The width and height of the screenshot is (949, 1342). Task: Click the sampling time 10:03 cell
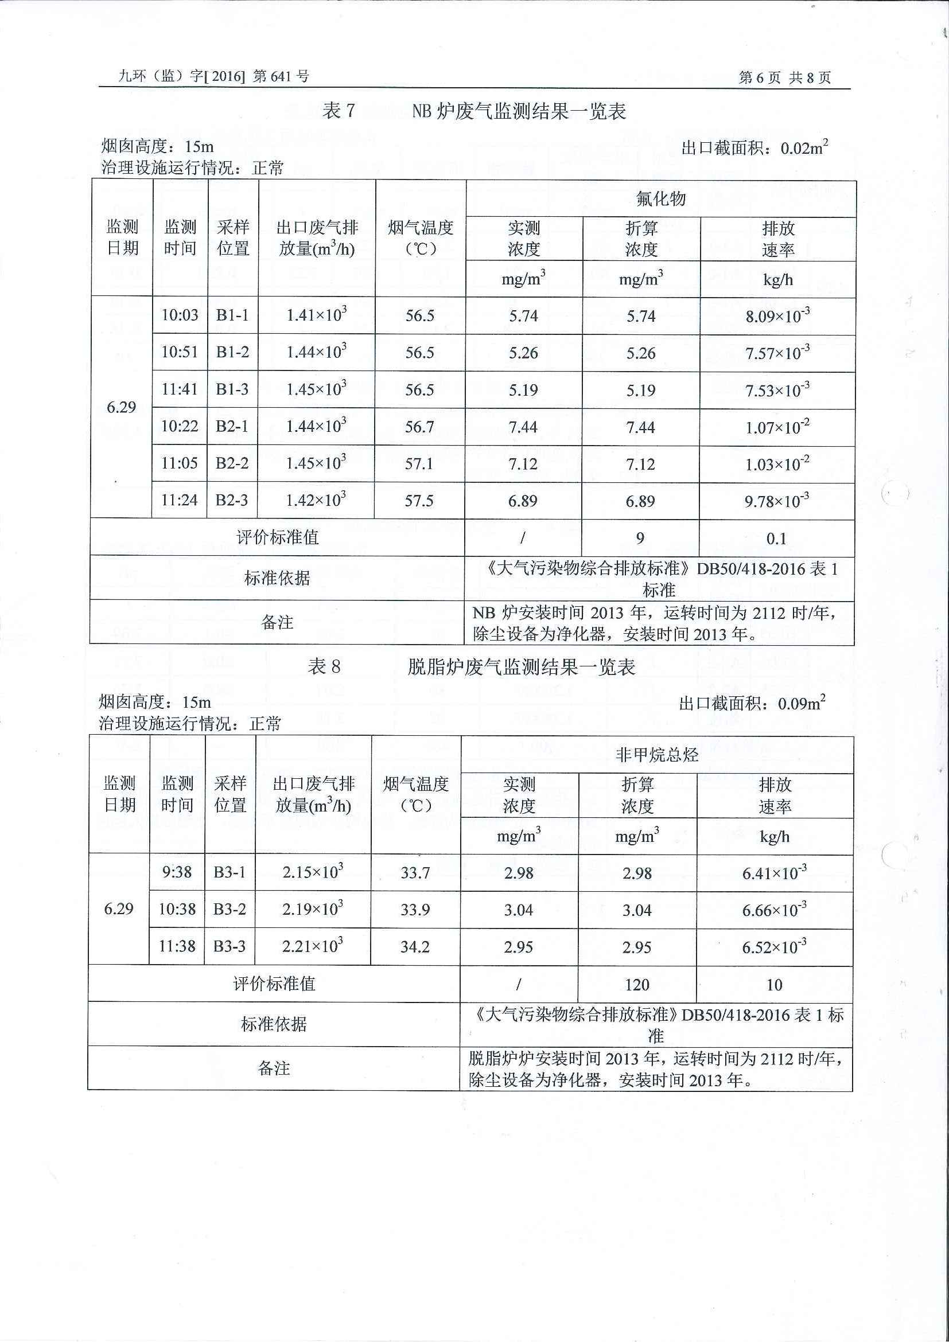pyautogui.click(x=180, y=315)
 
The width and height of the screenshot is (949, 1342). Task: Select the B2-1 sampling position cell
pyautogui.click(x=232, y=427)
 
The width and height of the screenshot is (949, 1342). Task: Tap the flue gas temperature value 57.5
pyautogui.click(x=419, y=501)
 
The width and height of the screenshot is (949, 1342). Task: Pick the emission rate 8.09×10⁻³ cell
pyautogui.click(x=777, y=317)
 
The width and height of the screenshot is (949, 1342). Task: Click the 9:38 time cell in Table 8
pyautogui.click(x=177, y=873)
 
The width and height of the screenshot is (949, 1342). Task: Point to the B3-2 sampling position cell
pyautogui.click(x=230, y=910)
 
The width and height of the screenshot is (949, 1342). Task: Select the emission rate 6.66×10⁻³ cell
pyautogui.click(x=774, y=910)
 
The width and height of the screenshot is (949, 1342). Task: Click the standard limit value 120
pyautogui.click(x=637, y=985)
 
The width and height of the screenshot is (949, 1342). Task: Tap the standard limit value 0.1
pyautogui.click(x=776, y=539)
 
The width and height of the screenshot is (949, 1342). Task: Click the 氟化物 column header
pyautogui.click(x=661, y=200)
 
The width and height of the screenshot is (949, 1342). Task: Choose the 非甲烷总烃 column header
pyautogui.click(x=656, y=755)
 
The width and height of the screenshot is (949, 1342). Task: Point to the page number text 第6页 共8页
pyautogui.click(x=785, y=78)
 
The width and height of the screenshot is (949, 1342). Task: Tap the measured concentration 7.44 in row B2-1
pyautogui.click(x=523, y=427)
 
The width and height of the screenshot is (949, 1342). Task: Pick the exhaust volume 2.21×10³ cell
pyautogui.click(x=312, y=946)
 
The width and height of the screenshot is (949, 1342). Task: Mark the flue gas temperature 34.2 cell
pyautogui.click(x=415, y=947)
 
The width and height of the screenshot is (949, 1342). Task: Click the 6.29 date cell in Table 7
pyautogui.click(x=121, y=407)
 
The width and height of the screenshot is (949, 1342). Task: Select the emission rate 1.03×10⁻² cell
pyautogui.click(x=777, y=464)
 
